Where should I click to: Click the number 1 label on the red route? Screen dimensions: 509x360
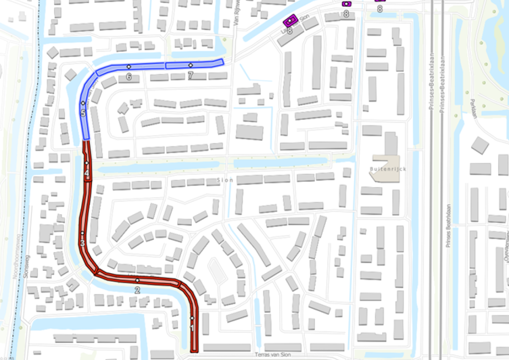(192, 328)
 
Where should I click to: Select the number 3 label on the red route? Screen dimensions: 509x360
(82, 243)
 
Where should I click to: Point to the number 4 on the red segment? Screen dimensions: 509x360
(87, 174)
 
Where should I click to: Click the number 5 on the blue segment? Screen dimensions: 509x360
(83, 113)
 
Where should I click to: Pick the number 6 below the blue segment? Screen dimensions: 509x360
(129, 76)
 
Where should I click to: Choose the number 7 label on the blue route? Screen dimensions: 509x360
(190, 75)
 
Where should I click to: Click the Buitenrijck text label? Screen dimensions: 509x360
(385, 169)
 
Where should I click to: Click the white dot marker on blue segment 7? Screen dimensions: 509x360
(190, 65)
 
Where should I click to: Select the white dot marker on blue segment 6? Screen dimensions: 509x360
(129, 66)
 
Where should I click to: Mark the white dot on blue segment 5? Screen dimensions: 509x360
(83, 103)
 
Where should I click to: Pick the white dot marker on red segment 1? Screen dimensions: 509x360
(192, 318)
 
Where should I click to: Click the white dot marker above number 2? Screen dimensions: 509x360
(138, 281)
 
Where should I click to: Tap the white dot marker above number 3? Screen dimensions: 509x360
(82, 233)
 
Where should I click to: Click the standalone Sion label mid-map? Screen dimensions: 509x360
(225, 180)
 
